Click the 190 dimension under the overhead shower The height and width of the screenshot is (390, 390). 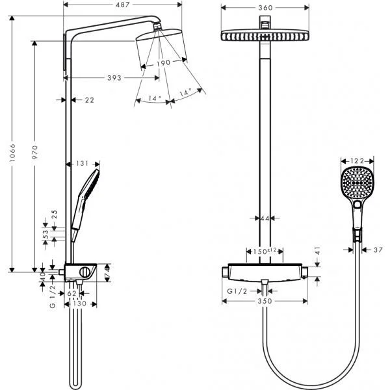click(x=162, y=63)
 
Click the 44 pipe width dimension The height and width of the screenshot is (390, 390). click(x=265, y=219)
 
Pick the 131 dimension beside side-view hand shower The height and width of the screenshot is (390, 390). click(x=82, y=164)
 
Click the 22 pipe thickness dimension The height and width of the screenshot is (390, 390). click(x=90, y=99)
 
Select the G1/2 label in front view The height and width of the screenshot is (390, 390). click(x=236, y=291)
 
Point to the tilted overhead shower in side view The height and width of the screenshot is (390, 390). click(x=161, y=44)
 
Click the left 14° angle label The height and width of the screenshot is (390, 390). click(x=153, y=99)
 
